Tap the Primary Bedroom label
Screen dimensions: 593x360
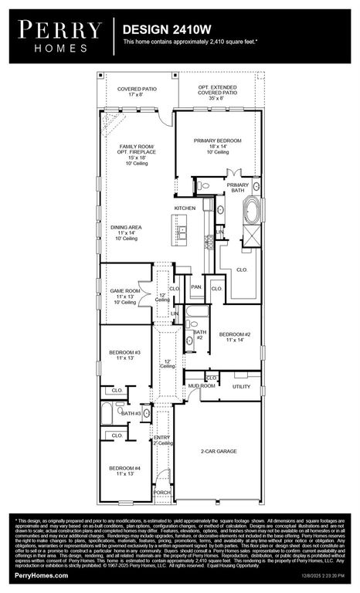tap(218, 141)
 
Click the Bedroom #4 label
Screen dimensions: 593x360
tap(124, 468)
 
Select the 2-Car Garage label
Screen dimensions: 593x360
tap(219, 451)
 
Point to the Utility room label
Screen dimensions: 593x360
tap(241, 386)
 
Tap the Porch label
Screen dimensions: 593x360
tap(162, 492)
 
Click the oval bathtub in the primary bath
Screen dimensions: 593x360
tap(252, 211)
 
